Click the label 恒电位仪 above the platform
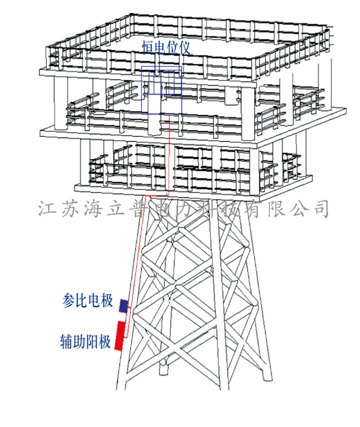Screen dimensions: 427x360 point(166,48)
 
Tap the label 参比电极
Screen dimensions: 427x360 point(87,301)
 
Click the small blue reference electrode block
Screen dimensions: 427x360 point(123,306)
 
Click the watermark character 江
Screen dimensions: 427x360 point(46,209)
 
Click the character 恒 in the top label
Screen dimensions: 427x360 point(148,48)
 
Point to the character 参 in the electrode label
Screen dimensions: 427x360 point(68,301)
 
